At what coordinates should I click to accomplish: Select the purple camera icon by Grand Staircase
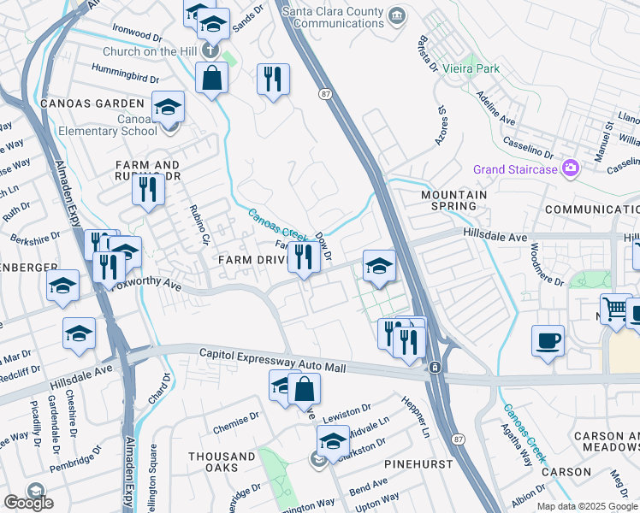click(x=569, y=168)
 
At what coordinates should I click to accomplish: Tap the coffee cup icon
click(x=548, y=340)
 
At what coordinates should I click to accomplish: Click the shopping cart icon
click(x=615, y=310)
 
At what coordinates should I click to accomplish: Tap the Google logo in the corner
click(x=27, y=503)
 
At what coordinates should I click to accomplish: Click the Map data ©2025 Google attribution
click(x=586, y=506)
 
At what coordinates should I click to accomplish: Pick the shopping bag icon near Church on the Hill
click(x=210, y=79)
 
